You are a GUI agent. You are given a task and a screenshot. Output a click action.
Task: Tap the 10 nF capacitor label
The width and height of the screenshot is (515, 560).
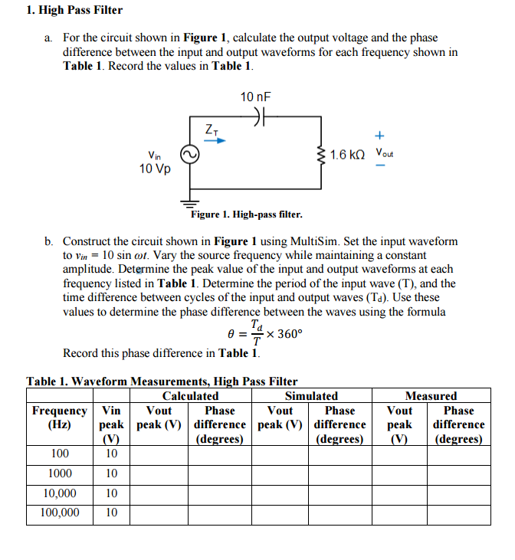[x=255, y=97]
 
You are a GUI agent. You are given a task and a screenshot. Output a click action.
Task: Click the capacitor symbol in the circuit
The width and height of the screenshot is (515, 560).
[x=259, y=120]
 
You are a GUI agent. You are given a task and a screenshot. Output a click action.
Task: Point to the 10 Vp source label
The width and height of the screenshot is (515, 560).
[x=155, y=169]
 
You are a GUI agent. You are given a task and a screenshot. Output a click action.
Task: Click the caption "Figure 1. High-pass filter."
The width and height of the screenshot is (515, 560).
[x=246, y=215]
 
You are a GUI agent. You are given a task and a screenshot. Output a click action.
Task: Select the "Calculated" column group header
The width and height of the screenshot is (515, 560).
[x=190, y=396]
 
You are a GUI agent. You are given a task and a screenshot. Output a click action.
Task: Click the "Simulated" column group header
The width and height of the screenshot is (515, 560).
[x=311, y=396]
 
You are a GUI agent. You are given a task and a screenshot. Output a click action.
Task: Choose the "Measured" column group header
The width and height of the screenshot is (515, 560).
[x=431, y=396]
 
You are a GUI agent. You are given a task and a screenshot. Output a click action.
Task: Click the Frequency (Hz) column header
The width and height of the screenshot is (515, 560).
[x=60, y=418]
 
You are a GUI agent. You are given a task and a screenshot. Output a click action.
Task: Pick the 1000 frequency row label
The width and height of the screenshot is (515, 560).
[x=60, y=473]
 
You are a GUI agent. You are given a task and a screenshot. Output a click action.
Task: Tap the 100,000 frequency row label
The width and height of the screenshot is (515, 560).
[x=60, y=513]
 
